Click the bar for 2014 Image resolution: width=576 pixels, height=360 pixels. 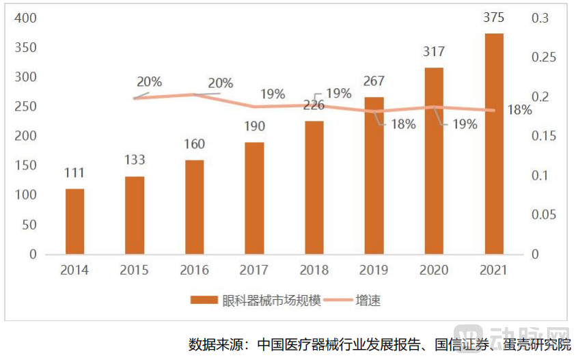coord(74,221)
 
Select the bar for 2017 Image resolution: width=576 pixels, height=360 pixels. coord(254,198)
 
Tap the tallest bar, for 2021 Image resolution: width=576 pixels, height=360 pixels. coord(494,143)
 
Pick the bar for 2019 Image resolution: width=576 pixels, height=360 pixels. coord(374,176)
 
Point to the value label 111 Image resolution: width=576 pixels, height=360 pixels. coord(74,174)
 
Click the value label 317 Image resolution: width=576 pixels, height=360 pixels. coord(434,52)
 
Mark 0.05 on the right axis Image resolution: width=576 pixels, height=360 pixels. coord(545,214)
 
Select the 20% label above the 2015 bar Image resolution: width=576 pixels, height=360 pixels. coord(149,82)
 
